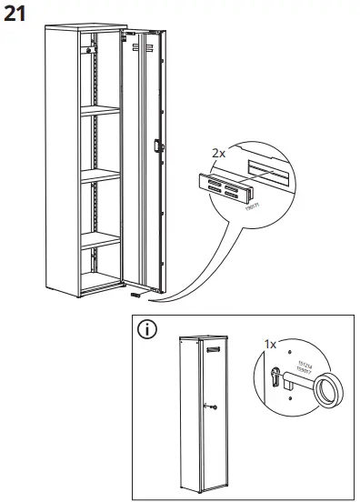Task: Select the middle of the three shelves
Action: (x=101, y=179)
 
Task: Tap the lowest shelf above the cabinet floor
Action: (x=101, y=240)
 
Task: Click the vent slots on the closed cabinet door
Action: (x=215, y=348)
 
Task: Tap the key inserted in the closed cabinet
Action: (x=212, y=407)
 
